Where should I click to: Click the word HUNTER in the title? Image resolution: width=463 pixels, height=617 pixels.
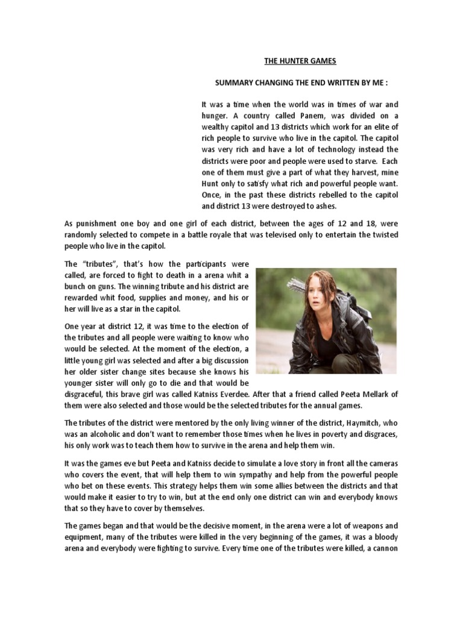coord(292,61)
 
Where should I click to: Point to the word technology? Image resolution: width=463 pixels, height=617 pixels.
coord(336,149)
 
